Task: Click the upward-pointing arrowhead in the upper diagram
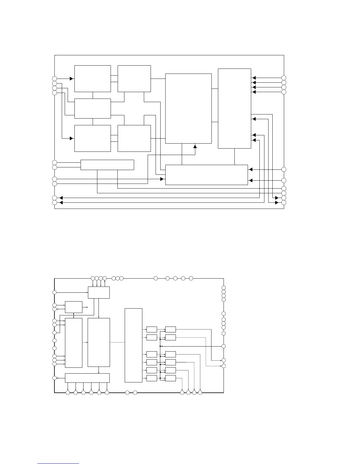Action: tap(195, 146)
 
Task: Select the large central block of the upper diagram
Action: tap(188, 108)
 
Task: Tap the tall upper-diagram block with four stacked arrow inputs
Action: tap(234, 108)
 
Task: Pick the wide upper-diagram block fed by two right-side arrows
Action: tap(206, 175)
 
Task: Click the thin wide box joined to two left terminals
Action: tap(107, 165)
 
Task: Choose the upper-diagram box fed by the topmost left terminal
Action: tap(92, 79)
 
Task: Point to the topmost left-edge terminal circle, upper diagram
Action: tap(54, 79)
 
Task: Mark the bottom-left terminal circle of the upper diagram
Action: tap(54, 203)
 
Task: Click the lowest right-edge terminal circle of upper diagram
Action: tap(284, 203)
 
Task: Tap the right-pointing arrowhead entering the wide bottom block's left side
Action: tap(162, 179)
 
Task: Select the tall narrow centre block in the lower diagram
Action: tap(134, 345)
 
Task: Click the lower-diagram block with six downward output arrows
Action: tap(87, 378)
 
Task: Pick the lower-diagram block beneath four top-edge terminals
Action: tap(99, 292)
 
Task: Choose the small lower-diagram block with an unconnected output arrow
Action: tap(74, 307)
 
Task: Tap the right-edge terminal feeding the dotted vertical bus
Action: tap(224, 346)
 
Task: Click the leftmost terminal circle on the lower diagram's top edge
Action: tap(93, 278)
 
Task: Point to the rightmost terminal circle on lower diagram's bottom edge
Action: tap(200, 392)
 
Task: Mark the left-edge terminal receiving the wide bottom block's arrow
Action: tap(54, 378)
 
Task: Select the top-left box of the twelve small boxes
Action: tap(151, 329)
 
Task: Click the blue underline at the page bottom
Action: tap(58, 463)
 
